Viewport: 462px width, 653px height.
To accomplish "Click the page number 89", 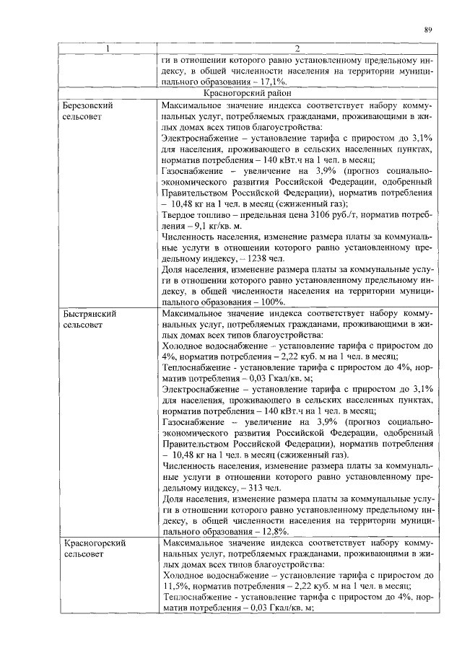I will pyautogui.click(x=428, y=30).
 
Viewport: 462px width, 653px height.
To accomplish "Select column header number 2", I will pyautogui.click(x=297, y=49).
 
